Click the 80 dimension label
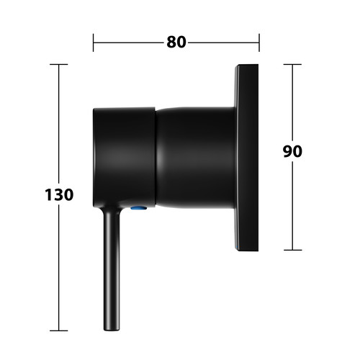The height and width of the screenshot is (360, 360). (x=176, y=42)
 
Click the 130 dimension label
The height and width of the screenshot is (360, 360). (x=59, y=194)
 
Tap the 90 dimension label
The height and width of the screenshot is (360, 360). (x=292, y=151)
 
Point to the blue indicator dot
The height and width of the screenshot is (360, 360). (x=139, y=208)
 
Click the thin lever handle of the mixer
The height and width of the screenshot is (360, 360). (x=112, y=269)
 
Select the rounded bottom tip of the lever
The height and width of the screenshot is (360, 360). (x=112, y=330)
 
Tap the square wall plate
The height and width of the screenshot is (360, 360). (x=246, y=158)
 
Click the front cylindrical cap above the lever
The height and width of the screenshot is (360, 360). (x=125, y=157)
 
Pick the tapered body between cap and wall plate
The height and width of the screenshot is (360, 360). (x=195, y=157)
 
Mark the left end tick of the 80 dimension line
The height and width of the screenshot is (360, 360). (x=94, y=42)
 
